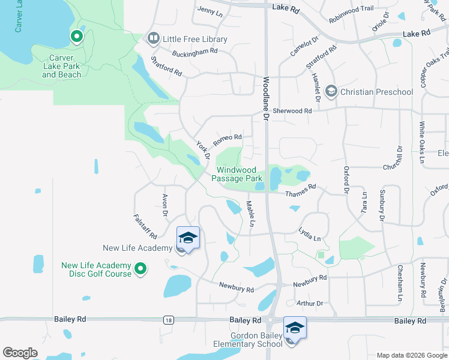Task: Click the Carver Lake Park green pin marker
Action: coord(77,37)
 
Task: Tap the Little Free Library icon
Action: coord(154,39)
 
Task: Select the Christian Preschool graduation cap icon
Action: coord(331,91)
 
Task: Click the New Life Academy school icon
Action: coord(188,239)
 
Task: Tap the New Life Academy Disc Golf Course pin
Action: coord(140,269)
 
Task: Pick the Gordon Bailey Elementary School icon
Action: coord(295,328)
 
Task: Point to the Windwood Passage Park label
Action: coord(240,175)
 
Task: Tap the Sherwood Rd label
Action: coord(292,111)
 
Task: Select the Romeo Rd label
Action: coord(228,139)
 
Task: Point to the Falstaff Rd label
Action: coord(145,227)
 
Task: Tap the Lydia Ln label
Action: coord(310,234)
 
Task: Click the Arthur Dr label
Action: coord(311,304)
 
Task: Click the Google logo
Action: coord(20,353)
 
